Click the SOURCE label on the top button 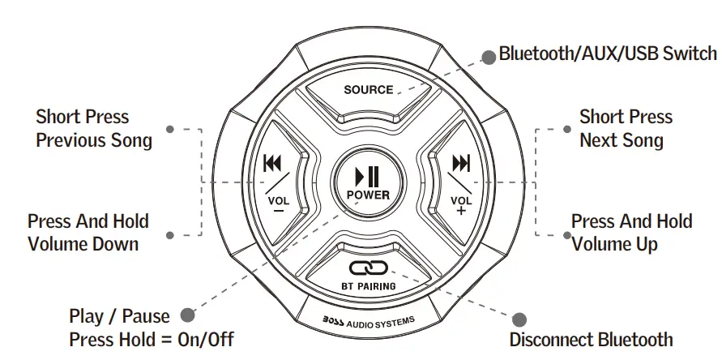pos(368,90)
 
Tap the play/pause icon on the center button pos(367,175)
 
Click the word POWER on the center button pos(367,195)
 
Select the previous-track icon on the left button pos(272,165)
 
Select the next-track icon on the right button pos(461,165)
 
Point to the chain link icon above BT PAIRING pos(368,268)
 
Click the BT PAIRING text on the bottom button pos(368,286)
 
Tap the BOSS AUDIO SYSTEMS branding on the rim pos(369,323)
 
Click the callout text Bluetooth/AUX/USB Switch pos(608,54)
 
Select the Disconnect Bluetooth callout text pos(591,340)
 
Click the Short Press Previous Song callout pos(94,129)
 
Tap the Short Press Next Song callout pos(626,128)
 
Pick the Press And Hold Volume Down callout pos(88,232)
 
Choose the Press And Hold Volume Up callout pos(631,232)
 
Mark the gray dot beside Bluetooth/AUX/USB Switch pos(489,56)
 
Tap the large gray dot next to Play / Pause pos(187,315)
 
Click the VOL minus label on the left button pos(277,203)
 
